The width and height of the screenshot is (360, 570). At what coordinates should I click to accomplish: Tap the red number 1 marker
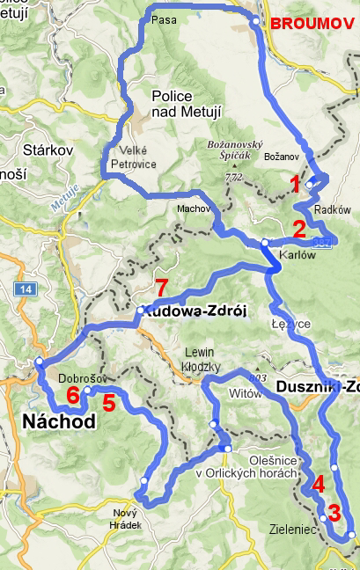coord(295,183)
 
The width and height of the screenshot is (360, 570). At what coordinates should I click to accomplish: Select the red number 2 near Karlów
coord(299,230)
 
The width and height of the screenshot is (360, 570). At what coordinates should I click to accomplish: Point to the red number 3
coord(334,512)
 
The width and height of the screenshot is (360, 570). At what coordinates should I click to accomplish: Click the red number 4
coord(318,483)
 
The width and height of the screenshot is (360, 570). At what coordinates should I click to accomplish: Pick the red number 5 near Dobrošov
coord(108,403)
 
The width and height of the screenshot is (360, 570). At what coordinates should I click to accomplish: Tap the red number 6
coord(72,394)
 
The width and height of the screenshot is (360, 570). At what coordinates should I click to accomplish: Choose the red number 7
coord(160,287)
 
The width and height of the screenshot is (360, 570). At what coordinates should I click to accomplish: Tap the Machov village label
coord(193,209)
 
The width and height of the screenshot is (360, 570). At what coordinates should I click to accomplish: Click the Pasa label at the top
coord(161,18)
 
